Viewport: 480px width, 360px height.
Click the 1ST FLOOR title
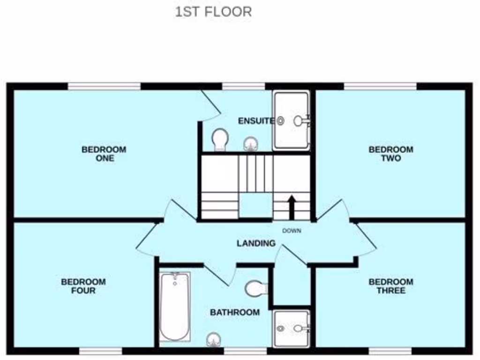pos(213,12)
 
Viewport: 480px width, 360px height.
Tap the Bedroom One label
pos(104,154)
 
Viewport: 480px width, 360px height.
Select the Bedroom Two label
pos(391,154)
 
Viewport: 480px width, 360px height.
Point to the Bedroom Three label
pos(391,286)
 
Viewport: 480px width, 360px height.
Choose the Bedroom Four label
pos(83,286)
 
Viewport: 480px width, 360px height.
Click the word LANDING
pos(256,243)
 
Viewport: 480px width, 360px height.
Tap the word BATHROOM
pos(234,312)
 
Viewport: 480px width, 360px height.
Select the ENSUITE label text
pos(256,121)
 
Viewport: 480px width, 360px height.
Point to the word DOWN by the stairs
pos(292,231)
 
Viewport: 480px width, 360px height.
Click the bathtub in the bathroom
pos(175,307)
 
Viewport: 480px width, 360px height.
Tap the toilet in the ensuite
pos(219,140)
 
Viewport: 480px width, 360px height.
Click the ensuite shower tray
pos(291,120)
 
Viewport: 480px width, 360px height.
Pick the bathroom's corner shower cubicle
pos(291,329)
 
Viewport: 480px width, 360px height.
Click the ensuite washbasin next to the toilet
pos(251,143)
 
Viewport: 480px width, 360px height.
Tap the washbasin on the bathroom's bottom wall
pos(214,339)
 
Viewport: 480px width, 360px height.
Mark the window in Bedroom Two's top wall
pos(380,86)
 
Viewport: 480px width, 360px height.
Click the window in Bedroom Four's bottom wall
pos(100,351)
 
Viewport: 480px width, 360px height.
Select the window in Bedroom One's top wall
pos(104,86)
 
